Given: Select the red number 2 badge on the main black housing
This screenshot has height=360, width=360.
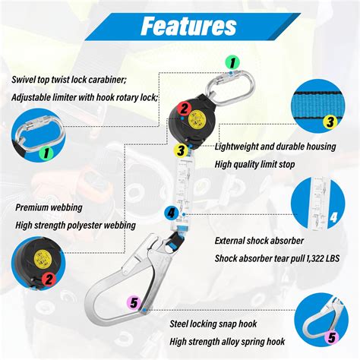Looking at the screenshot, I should tap(183, 109).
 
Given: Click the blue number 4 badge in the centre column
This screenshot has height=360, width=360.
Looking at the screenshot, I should tap(172, 213).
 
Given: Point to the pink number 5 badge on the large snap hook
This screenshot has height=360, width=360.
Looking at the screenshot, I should tap(134, 303).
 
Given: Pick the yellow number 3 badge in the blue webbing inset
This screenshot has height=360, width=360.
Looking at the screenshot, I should tap(330, 121).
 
